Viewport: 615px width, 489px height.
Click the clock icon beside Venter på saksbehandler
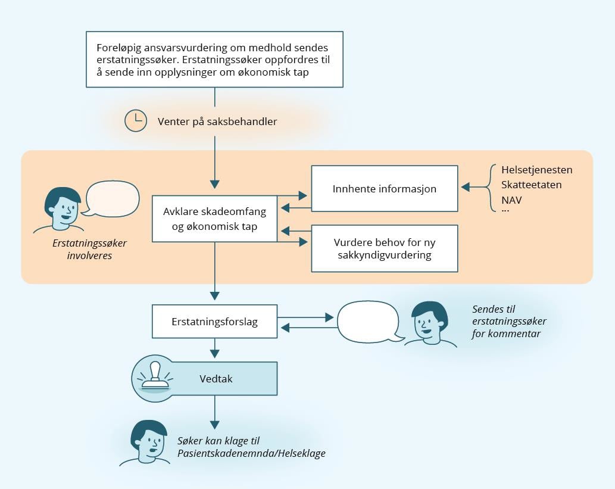pos(136,121)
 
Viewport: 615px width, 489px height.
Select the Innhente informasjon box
pos(385,189)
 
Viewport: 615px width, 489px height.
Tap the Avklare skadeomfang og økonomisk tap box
pos(214,219)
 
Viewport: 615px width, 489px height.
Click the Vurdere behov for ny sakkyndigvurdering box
pos(385,248)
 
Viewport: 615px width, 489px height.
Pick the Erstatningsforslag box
pos(214,321)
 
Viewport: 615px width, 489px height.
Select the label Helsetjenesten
pos(536,170)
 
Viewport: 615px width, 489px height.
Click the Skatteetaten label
pos(531,185)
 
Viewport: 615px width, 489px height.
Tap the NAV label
pos(511,200)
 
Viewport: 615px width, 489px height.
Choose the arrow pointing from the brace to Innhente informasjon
pos(473,188)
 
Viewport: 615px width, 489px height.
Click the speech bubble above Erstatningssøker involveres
pos(113,198)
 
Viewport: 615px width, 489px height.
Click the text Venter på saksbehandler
pos(217,122)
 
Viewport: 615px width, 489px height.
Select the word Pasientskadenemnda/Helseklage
pos(251,454)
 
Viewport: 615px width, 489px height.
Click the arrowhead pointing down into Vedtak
pos(215,354)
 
